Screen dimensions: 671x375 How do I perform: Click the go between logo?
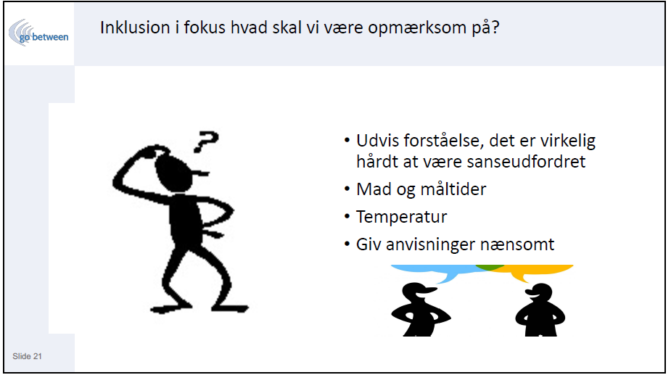(x=38, y=33)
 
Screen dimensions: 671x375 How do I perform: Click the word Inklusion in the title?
(x=135, y=28)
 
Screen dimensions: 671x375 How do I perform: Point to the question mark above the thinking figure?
(x=206, y=141)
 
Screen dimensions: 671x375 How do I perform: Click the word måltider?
(x=453, y=189)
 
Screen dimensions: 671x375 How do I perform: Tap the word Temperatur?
(x=401, y=217)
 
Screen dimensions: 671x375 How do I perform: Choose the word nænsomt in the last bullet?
(x=517, y=245)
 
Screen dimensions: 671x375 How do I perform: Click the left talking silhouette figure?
(x=420, y=310)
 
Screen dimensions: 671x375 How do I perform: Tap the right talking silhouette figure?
(x=540, y=310)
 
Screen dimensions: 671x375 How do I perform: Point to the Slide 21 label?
(x=27, y=356)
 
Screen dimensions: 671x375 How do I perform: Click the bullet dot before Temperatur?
(x=347, y=217)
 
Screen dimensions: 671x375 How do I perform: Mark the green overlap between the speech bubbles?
(x=490, y=267)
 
